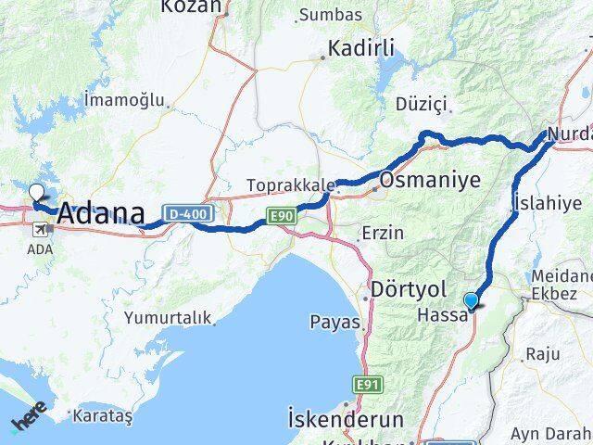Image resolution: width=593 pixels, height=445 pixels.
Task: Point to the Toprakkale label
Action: pos(289,185)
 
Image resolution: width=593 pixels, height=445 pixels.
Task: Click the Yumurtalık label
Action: pos(168,317)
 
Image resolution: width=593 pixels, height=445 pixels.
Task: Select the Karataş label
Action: pos(103,415)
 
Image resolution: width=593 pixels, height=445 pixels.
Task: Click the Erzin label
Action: pos(385,232)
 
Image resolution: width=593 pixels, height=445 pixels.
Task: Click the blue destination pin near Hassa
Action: pos(472,300)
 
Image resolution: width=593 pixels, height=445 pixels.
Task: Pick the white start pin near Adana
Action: pos(36,194)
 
